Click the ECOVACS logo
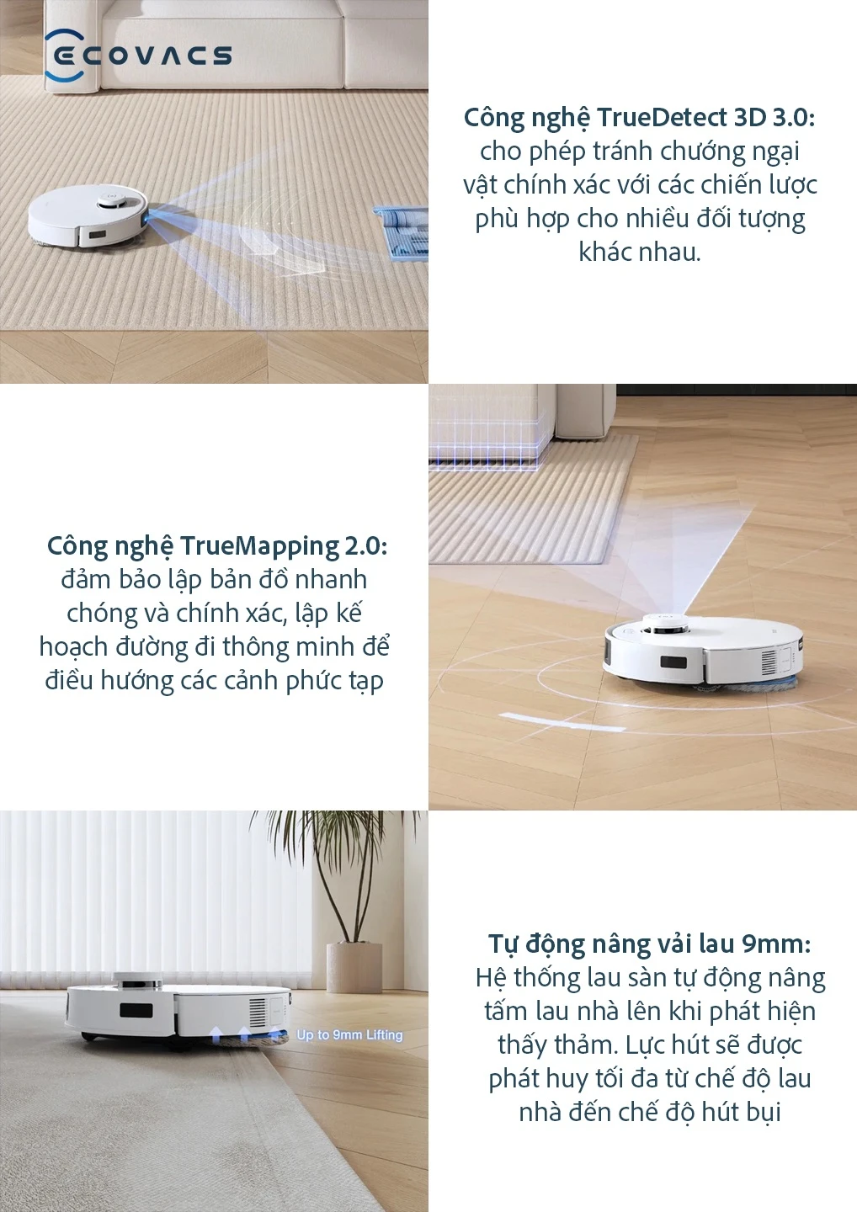pyautogui.click(x=138, y=56)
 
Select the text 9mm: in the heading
pyautogui.click(x=776, y=944)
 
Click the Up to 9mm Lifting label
pyautogui.click(x=349, y=1034)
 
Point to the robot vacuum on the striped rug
pyautogui.click(x=88, y=215)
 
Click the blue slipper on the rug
pyautogui.click(x=401, y=231)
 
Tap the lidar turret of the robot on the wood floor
pyautogui.click(x=665, y=624)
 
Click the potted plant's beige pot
pyautogui.click(x=354, y=967)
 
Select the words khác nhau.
pyautogui.click(x=640, y=252)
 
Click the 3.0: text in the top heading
pyautogui.click(x=793, y=118)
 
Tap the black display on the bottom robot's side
pyautogui.click(x=136, y=1010)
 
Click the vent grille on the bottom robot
pyautogui.click(x=257, y=1013)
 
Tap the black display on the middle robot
pyautogui.click(x=673, y=662)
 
